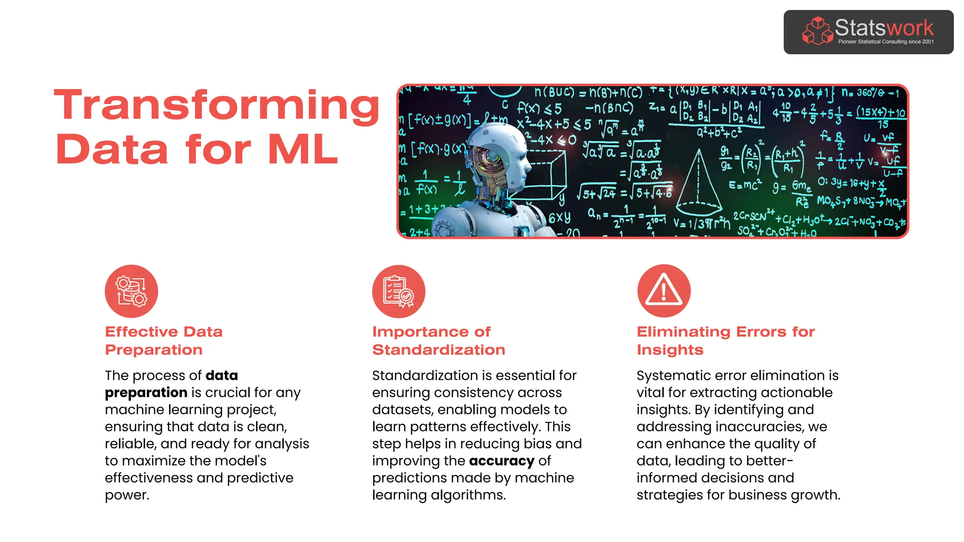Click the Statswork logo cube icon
point(817,32)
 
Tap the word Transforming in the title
point(217,106)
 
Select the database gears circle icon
point(131,291)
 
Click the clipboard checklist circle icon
point(399,291)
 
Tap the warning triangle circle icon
point(664,291)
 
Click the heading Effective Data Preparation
point(163,341)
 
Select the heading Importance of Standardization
point(438,341)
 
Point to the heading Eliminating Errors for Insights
point(725,341)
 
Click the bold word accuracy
point(501,461)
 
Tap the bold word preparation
point(146,393)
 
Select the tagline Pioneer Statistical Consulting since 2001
point(885,42)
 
